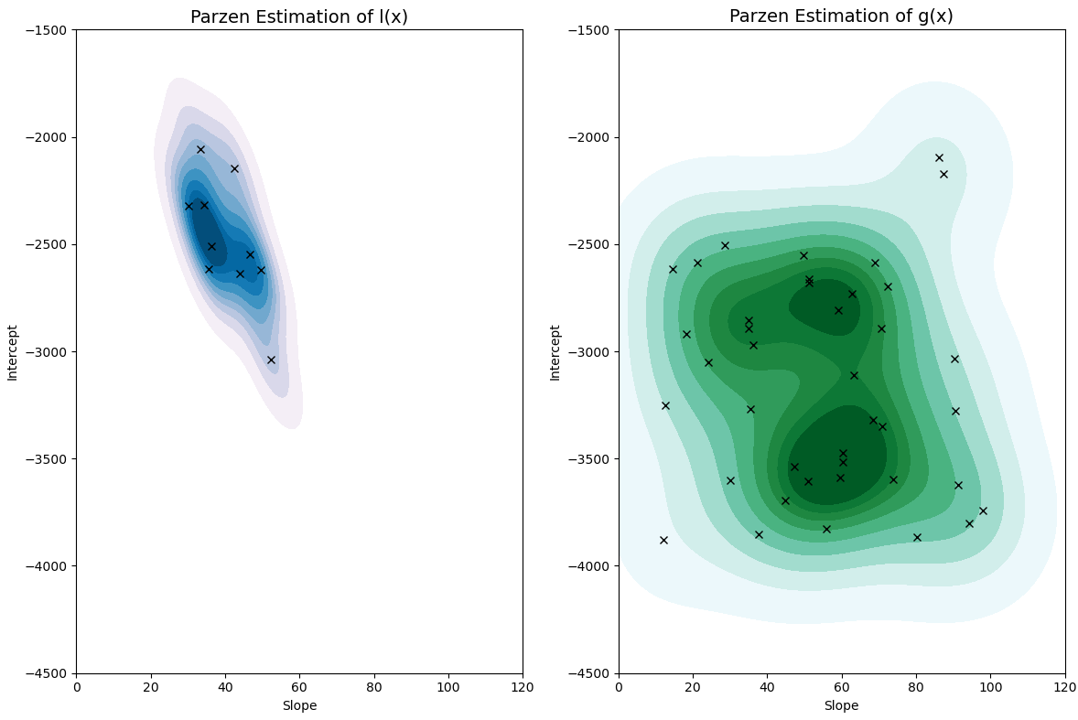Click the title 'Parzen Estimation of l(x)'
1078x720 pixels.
pos(299,16)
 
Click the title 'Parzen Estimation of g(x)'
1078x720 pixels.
pos(842,16)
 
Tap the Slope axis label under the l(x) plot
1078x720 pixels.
pos(299,705)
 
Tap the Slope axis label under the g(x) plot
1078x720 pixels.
pos(842,705)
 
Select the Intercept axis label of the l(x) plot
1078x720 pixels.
pos(13,352)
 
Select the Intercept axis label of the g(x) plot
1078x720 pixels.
pos(555,352)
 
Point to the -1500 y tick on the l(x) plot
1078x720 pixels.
pos(50,30)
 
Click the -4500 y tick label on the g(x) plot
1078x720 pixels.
pos(593,673)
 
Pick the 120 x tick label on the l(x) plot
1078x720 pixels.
pos(523,687)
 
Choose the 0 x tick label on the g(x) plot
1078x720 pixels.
pos(619,687)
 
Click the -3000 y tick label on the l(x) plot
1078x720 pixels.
pos(50,352)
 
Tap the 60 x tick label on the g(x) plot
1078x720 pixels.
pos(842,687)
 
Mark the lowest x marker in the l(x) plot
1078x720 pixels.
pos(271,360)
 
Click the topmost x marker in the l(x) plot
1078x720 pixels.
pos(200,149)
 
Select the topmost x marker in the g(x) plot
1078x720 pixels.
pos(939,157)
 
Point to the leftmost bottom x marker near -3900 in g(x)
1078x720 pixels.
pos(663,540)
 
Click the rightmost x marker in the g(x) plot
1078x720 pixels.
pos(983,510)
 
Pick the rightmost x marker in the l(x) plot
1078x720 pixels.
pos(271,360)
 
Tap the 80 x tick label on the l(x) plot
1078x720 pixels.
pos(373,687)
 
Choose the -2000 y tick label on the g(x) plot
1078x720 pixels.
pos(593,137)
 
